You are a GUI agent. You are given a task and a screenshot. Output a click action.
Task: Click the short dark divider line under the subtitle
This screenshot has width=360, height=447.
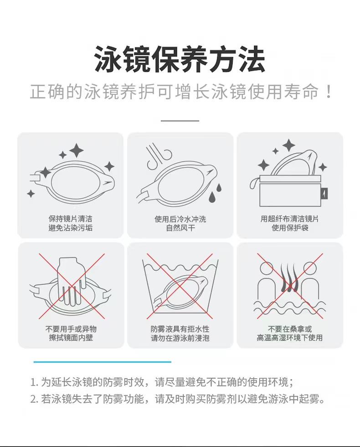[x=180, y=121]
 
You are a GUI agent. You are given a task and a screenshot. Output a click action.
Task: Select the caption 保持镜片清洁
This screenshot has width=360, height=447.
[x=71, y=219]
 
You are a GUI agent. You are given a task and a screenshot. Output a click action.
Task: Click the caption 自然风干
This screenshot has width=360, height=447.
[x=180, y=228]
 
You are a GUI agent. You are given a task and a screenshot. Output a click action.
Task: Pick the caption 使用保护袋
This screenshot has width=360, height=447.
[x=290, y=228]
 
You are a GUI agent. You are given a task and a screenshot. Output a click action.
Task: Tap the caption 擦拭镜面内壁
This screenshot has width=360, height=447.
[x=71, y=338]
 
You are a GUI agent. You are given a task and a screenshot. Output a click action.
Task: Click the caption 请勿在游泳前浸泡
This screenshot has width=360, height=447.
[x=180, y=338]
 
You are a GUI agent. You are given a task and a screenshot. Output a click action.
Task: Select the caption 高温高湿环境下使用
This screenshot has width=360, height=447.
[x=290, y=338]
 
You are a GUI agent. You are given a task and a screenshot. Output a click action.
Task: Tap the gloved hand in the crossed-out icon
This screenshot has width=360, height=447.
[x=71, y=278]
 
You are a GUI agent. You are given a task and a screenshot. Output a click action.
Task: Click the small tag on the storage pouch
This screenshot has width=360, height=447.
[x=324, y=193]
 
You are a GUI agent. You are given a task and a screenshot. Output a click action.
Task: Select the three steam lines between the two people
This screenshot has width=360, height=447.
[x=289, y=278]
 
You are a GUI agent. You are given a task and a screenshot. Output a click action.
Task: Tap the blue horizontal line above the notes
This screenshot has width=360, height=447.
[x=102, y=362]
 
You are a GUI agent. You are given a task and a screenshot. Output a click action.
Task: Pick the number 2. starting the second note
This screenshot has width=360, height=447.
[x=34, y=400]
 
